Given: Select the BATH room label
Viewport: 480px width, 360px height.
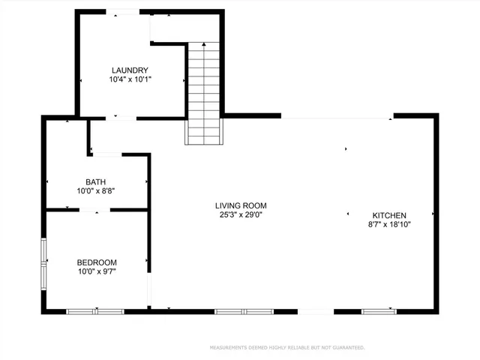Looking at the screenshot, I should tap(95, 181).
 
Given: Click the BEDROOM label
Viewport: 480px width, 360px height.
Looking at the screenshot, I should tap(97, 262).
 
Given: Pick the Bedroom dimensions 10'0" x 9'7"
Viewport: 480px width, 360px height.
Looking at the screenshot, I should tap(97, 271).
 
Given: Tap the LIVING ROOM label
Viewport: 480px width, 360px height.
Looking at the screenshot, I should tap(241, 205).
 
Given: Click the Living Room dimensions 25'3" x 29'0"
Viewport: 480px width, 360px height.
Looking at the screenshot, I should tap(241, 214).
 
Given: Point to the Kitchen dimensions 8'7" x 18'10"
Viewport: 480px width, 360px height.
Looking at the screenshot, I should tap(389, 223).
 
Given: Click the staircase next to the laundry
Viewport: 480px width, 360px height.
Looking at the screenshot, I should tap(205, 94).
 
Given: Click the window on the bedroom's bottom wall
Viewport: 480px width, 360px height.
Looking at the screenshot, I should tap(95, 311).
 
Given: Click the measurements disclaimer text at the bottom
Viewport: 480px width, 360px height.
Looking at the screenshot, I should tap(287, 348).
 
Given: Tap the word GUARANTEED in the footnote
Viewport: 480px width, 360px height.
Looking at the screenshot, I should tap(349, 348).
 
